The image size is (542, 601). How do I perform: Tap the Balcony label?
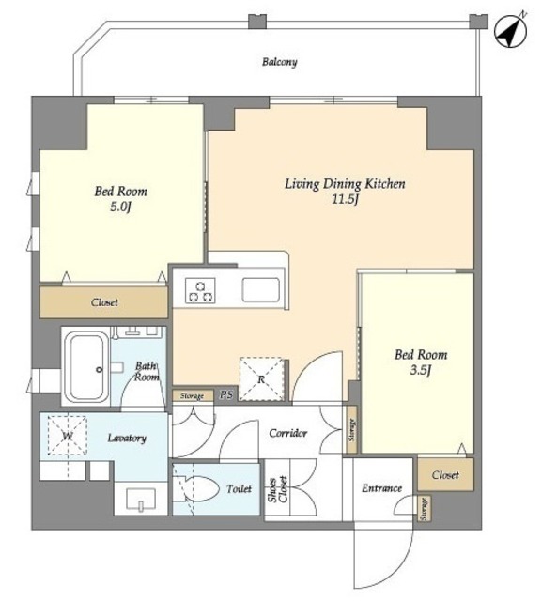point(279,62)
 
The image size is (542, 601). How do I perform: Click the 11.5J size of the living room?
point(345,200)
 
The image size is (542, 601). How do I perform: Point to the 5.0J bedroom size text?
point(121,208)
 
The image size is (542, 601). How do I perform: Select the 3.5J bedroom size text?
point(421,370)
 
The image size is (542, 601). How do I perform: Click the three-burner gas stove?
point(200,290)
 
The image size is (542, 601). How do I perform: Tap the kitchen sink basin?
point(260,290)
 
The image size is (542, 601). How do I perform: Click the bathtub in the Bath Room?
point(85,367)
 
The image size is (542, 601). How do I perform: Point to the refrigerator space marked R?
point(261,379)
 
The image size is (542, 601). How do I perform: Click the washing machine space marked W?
point(68,436)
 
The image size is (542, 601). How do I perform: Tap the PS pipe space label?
point(226,394)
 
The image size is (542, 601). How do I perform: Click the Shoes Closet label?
point(277,489)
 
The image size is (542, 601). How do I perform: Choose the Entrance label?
point(381,488)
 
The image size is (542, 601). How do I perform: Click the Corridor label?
point(287,433)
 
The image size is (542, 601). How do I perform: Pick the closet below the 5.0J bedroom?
point(104,302)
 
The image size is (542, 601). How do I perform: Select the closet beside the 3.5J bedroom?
point(445,474)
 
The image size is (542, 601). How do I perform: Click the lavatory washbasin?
point(141,499)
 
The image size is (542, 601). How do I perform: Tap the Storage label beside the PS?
point(192,396)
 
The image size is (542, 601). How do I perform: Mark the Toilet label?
point(239,488)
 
